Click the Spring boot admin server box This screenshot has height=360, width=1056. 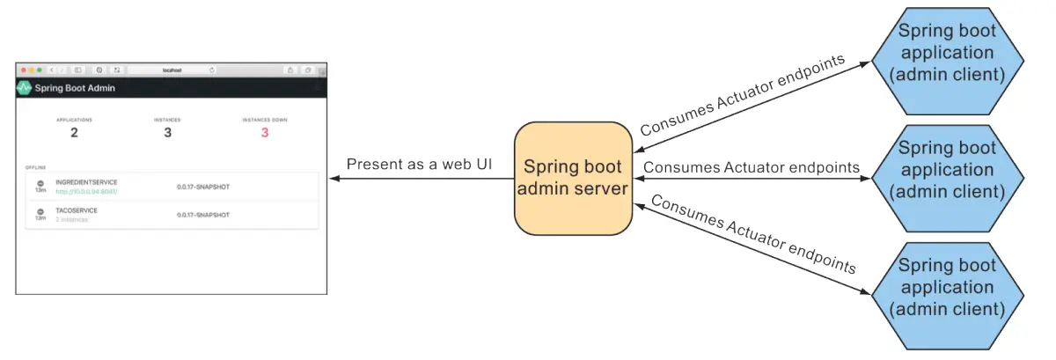pyautogui.click(x=573, y=178)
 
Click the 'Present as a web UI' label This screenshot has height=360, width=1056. pyautogui.click(x=418, y=165)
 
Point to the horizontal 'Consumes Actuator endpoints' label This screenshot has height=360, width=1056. pyautogui.click(x=752, y=167)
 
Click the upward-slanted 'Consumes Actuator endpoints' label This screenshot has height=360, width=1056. pyautogui.click(x=742, y=95)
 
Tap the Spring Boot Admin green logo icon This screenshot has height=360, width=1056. pyautogui.click(x=24, y=88)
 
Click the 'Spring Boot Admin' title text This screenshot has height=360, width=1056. pyautogui.click(x=75, y=88)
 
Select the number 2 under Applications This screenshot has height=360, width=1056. pyautogui.click(x=74, y=133)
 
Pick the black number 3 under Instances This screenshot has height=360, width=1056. pyautogui.click(x=168, y=133)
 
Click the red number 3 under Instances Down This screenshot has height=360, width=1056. pyautogui.click(x=264, y=133)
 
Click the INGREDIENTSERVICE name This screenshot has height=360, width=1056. pyautogui.click(x=80, y=182)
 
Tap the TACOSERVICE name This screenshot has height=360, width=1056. pyautogui.click(x=76, y=210)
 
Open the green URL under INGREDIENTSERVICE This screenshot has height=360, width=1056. pyautogui.click(x=86, y=191)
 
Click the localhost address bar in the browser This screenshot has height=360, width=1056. pyautogui.click(x=172, y=70)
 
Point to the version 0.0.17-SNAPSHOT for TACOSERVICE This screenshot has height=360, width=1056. pyautogui.click(x=203, y=214)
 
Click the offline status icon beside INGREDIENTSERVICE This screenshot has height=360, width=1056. pyautogui.click(x=40, y=183)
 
